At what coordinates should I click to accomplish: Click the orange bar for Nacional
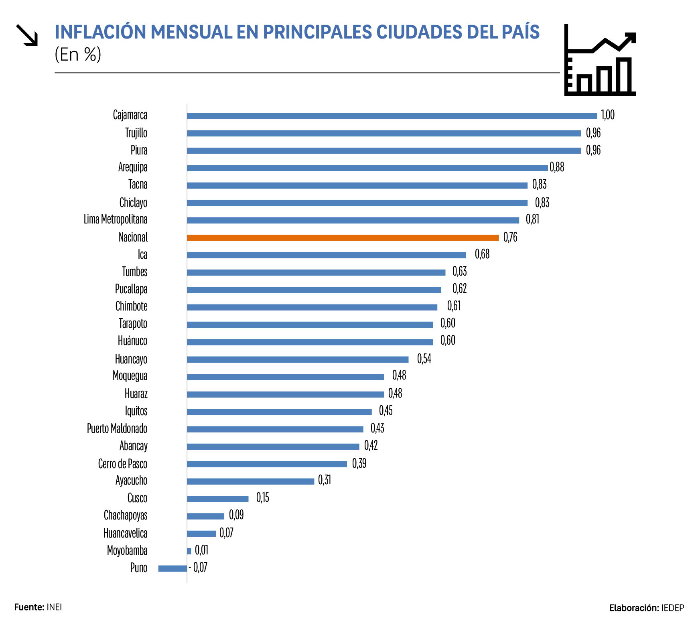pyautogui.click(x=343, y=237)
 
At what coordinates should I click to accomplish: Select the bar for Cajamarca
pyautogui.click(x=392, y=116)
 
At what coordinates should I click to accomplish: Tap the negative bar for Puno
pyautogui.click(x=172, y=568)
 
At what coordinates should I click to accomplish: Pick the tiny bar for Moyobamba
pyautogui.click(x=189, y=551)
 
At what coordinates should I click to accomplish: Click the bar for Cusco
pyautogui.click(x=217, y=499)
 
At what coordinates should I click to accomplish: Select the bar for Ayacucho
pyautogui.click(x=250, y=481)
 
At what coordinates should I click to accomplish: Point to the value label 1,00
pyautogui.click(x=607, y=115)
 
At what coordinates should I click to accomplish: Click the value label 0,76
pyautogui.click(x=510, y=237)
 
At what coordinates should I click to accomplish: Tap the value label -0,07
pyautogui.click(x=199, y=567)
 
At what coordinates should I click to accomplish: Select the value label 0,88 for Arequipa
pyautogui.click(x=557, y=167)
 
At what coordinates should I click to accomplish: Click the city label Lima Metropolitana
pyautogui.click(x=116, y=219)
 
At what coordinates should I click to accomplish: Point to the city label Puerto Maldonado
pyautogui.click(x=117, y=428)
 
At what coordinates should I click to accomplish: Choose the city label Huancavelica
pyautogui.click(x=125, y=533)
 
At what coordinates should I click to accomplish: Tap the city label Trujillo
pyautogui.click(x=136, y=133)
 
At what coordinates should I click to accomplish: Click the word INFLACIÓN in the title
pyautogui.click(x=101, y=32)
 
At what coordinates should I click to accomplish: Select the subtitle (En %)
pyautogui.click(x=78, y=54)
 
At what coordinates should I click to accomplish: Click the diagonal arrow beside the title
pyautogui.click(x=27, y=35)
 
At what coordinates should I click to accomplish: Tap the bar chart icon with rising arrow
pyautogui.click(x=600, y=60)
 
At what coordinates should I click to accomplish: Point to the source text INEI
pyautogui.click(x=54, y=607)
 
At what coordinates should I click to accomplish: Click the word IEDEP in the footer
pyautogui.click(x=672, y=608)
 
